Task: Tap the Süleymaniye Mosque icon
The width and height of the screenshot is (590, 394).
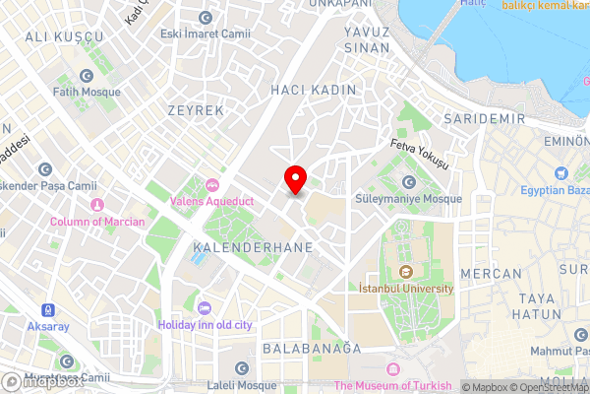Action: coord(408,182)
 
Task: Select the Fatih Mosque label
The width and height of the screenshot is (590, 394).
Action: coord(86,92)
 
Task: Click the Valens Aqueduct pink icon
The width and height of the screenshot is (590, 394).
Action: coord(211,183)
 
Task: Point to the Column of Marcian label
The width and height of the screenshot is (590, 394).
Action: coord(96,222)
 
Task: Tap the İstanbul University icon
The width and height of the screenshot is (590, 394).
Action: coord(405,272)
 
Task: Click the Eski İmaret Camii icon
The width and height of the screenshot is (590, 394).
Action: coord(205,18)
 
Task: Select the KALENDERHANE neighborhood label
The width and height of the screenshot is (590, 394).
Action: coord(255,246)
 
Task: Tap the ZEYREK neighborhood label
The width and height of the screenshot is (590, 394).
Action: coord(196,110)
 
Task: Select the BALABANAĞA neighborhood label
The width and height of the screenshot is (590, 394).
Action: coord(312,349)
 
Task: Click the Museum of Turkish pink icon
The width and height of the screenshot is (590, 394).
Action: coord(392,368)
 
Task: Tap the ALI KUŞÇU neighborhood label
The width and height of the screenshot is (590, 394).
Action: coord(64,36)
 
